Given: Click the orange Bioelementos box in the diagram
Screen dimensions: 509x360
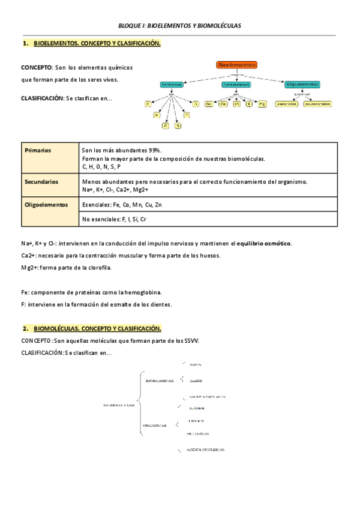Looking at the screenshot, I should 237,65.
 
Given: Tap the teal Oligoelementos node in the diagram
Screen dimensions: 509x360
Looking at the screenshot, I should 302,85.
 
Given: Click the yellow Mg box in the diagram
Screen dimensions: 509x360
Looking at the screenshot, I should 262,104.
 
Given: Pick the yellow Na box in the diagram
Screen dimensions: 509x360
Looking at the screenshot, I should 209,104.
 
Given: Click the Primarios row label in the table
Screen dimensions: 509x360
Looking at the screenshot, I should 37,151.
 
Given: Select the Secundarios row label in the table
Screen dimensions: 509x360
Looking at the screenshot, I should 41,181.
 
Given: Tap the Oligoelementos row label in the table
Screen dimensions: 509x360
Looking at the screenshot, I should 46,205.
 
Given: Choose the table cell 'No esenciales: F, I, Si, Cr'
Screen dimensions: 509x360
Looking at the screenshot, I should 114,220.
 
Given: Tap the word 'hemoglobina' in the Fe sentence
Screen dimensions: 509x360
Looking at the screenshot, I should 146,292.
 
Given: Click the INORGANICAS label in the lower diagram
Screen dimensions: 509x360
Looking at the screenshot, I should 160,380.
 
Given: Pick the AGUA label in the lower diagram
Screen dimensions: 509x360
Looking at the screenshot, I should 195,364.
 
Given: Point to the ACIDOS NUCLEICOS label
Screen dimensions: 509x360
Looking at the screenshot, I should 205,449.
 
